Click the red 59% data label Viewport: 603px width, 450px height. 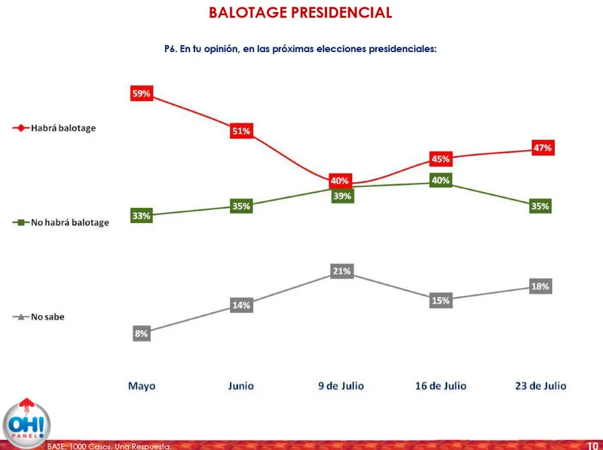[142, 94]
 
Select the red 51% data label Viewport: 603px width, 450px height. [241, 131]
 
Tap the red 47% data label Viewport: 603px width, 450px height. [543, 148]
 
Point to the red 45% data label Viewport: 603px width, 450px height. [441, 159]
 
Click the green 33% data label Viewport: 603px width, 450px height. [142, 216]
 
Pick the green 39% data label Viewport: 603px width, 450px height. [342, 196]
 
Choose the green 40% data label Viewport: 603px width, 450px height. [441, 180]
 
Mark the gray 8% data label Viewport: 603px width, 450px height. [142, 332]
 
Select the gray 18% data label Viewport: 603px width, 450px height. [540, 286]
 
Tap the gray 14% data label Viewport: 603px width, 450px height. [241, 305]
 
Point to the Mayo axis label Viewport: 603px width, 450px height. [142, 386]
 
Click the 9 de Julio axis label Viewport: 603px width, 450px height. [341, 386]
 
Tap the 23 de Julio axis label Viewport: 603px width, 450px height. [540, 386]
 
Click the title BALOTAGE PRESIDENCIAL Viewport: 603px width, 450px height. [300, 13]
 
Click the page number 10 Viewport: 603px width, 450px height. [592, 445]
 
